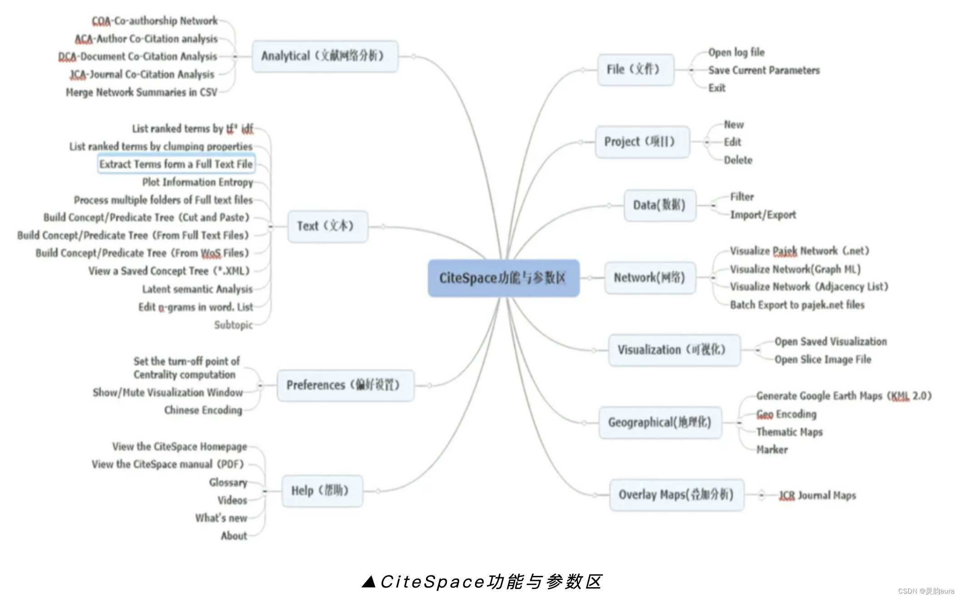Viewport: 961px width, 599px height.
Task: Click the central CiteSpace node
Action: [503, 278]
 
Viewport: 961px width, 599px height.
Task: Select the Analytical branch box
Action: [325, 56]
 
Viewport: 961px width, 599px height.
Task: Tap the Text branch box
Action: [327, 226]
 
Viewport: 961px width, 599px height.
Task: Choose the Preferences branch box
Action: [345, 385]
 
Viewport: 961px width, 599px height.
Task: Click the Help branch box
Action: [322, 491]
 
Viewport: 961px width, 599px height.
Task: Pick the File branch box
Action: [635, 70]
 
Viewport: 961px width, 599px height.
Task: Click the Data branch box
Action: [659, 205]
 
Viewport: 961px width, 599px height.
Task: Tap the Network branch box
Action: [650, 278]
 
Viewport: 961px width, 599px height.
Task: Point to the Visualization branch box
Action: [674, 350]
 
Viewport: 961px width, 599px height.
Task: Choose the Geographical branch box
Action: [660, 422]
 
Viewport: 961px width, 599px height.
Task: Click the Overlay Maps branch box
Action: [676, 495]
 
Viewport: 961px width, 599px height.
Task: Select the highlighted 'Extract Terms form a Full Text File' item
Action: [176, 164]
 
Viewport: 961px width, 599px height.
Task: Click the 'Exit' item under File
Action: [717, 88]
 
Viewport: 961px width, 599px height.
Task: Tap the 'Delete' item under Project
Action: [738, 160]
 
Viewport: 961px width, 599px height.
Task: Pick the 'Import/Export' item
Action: [763, 215]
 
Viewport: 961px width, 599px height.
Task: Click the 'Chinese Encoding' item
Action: [203, 410]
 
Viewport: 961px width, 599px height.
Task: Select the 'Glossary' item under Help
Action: [228, 482]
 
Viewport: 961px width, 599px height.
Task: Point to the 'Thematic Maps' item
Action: [789, 432]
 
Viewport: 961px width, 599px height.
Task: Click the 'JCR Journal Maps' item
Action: [817, 496]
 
